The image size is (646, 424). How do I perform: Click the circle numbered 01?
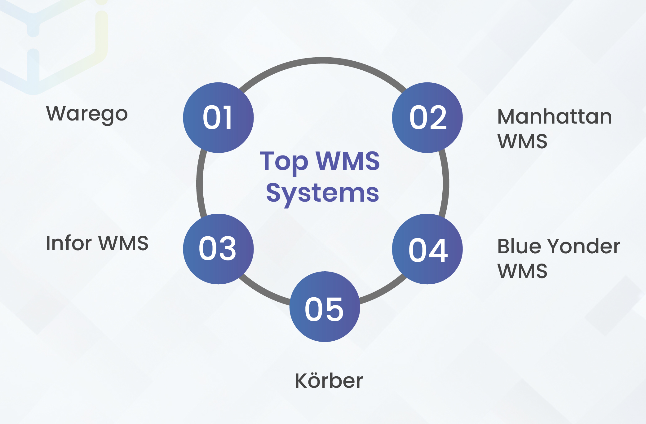pyautogui.click(x=218, y=118)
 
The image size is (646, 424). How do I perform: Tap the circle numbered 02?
pyautogui.click(x=427, y=118)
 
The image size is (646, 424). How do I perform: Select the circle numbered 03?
pyautogui.click(x=218, y=249)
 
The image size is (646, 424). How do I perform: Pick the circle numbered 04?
pyautogui.click(x=427, y=249)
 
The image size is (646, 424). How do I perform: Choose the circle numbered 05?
pyautogui.click(x=325, y=307)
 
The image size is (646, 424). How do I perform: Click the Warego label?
pyautogui.click(x=87, y=114)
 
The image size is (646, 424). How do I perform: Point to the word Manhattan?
pyautogui.click(x=555, y=117)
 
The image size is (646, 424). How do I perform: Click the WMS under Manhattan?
pyautogui.click(x=522, y=141)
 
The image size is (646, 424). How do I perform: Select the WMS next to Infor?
pyautogui.click(x=124, y=243)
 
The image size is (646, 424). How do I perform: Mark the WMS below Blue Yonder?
pyautogui.click(x=522, y=271)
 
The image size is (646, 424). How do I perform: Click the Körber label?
pyautogui.click(x=329, y=381)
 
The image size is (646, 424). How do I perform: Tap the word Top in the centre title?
pyautogui.click(x=284, y=162)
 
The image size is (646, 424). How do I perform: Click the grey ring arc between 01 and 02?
pyautogui.click(x=323, y=60)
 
